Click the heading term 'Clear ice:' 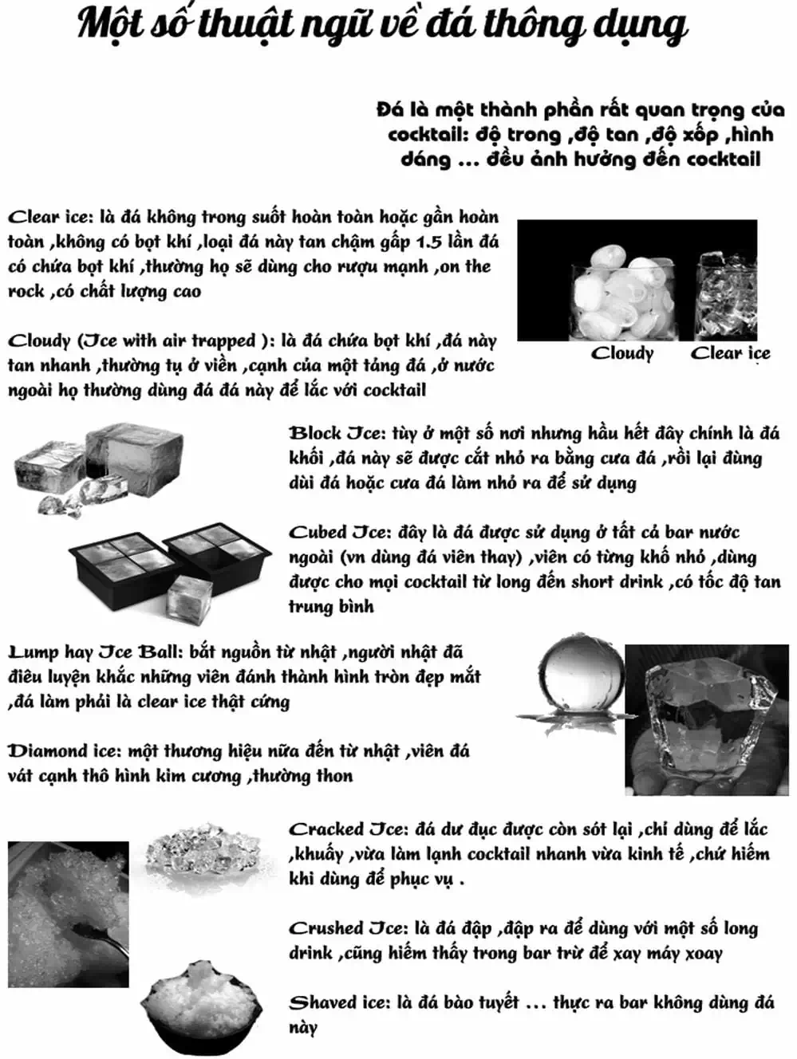(x=49, y=217)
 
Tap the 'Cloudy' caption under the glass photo (x=622, y=353)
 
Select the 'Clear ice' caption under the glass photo (x=730, y=353)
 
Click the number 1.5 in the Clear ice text (x=429, y=242)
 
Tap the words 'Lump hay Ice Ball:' (x=96, y=652)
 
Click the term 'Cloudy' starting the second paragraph (x=40, y=341)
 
